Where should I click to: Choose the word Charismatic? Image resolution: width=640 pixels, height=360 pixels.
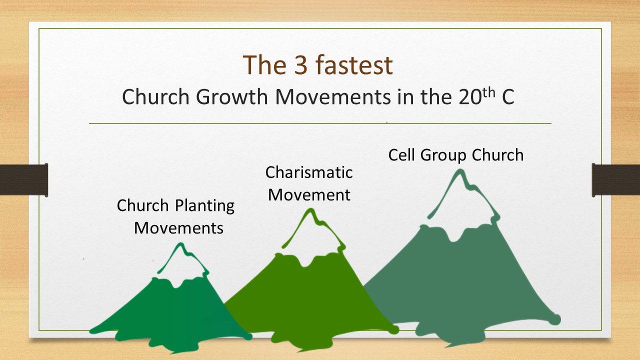click(309, 172)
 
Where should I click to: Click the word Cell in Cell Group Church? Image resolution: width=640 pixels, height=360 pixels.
click(401, 155)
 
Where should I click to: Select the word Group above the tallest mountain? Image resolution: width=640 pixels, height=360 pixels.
click(443, 155)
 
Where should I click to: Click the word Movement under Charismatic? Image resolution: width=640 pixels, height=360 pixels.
click(309, 194)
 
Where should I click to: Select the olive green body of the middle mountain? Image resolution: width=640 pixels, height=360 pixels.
click(310, 300)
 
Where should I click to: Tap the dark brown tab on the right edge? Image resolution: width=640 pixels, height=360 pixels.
click(616, 179)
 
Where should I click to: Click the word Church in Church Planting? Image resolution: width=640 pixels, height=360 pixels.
click(143, 205)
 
